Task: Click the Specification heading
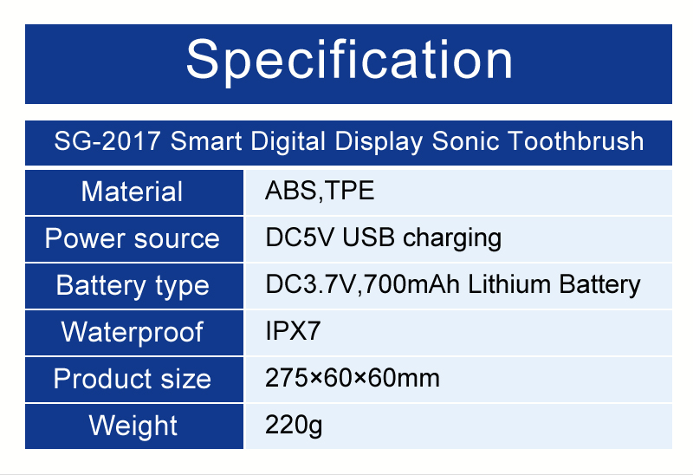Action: pyautogui.click(x=349, y=61)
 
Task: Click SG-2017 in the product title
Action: pyautogui.click(x=107, y=141)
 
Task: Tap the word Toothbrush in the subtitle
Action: pyautogui.click(x=575, y=141)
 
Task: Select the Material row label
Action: pyautogui.click(x=132, y=192)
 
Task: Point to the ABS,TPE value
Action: pyautogui.click(x=320, y=191)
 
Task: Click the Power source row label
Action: pyautogui.click(x=133, y=239)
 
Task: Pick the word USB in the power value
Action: pyautogui.click(x=369, y=237)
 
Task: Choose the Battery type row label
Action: pyautogui.click(x=133, y=286)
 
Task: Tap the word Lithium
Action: pyautogui.click(x=509, y=284)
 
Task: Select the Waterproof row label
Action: pyautogui.click(x=133, y=332)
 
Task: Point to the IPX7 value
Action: pyautogui.click(x=293, y=331)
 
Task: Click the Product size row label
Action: pyautogui.click(x=133, y=379)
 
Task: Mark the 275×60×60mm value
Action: pyautogui.click(x=353, y=378)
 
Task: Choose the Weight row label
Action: pyautogui.click(x=133, y=426)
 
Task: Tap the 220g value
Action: pyautogui.click(x=294, y=425)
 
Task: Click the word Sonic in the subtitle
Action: pyautogui.click(x=465, y=141)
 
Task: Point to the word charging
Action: pyautogui.click(x=452, y=238)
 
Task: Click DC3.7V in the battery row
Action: pyautogui.click(x=311, y=284)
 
